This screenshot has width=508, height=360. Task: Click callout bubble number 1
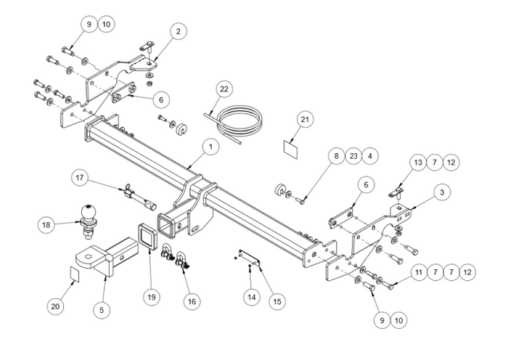click(x=209, y=147)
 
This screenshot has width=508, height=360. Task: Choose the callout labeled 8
click(x=335, y=155)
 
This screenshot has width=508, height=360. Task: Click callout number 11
click(x=418, y=272)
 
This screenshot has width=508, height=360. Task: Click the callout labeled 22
click(x=224, y=89)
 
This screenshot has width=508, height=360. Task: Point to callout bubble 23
click(x=353, y=155)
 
